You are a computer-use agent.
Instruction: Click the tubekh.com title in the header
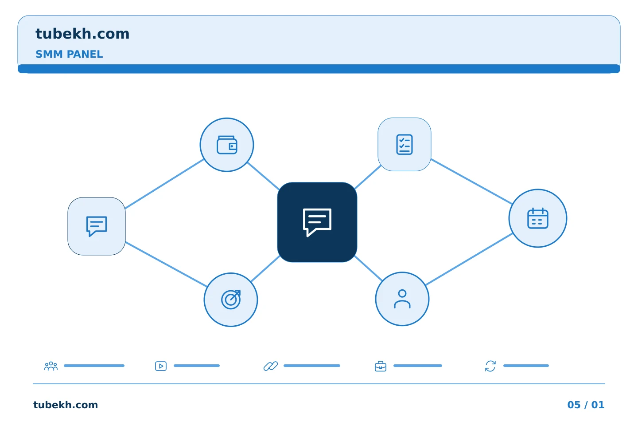click(x=82, y=34)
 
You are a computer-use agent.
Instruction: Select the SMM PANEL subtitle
click(x=69, y=54)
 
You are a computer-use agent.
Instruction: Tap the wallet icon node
click(x=227, y=145)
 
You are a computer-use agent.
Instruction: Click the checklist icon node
click(x=405, y=144)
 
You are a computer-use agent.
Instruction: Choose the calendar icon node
click(x=538, y=218)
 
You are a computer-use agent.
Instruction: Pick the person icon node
click(x=402, y=299)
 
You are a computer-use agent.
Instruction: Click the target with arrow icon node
click(x=231, y=300)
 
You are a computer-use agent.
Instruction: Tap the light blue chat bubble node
click(x=97, y=226)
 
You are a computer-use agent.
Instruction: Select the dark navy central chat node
click(x=317, y=222)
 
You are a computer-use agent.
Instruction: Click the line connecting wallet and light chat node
click(x=164, y=184)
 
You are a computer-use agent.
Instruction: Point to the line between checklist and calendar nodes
click(x=472, y=181)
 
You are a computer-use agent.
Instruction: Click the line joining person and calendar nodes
click(x=469, y=259)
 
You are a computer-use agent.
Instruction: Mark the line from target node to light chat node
click(x=166, y=264)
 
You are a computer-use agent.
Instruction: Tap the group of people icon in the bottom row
click(x=51, y=366)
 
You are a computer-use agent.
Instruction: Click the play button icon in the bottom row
click(x=161, y=366)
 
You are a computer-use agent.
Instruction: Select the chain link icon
click(x=271, y=366)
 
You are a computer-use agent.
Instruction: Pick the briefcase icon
click(x=381, y=367)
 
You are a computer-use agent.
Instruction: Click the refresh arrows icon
click(x=490, y=366)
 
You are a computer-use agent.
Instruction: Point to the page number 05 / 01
click(x=586, y=405)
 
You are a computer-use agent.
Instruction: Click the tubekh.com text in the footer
click(x=66, y=405)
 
